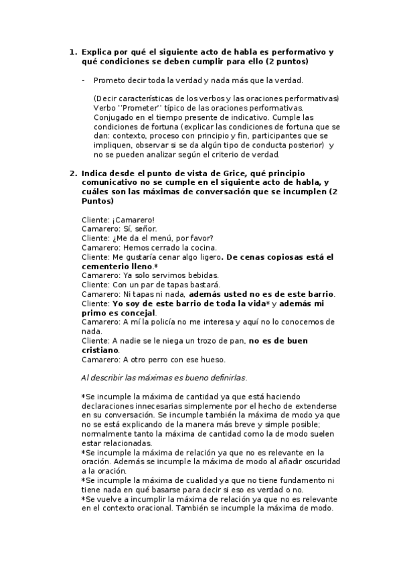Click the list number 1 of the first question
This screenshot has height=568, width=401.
(x=73, y=52)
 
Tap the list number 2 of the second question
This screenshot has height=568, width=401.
(x=73, y=173)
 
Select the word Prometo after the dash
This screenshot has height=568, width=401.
(x=109, y=81)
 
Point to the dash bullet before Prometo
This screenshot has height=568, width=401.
(x=82, y=81)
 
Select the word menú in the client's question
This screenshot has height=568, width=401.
(x=163, y=238)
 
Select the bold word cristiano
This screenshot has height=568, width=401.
(x=100, y=350)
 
